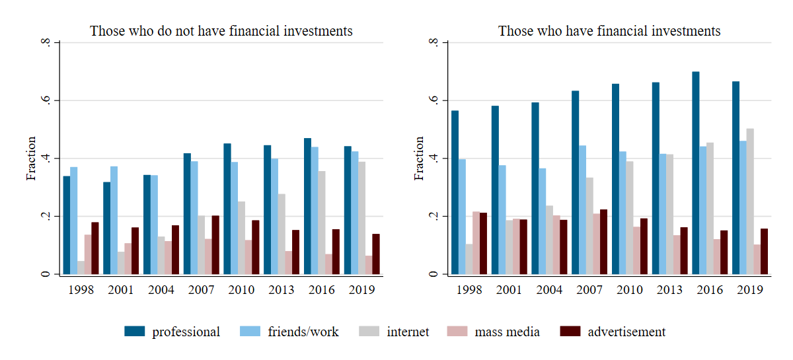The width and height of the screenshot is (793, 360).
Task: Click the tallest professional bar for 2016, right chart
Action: tap(696, 173)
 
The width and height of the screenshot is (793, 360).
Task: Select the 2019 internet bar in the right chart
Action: tap(750, 201)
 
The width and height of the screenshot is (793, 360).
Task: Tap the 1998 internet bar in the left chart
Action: tap(81, 268)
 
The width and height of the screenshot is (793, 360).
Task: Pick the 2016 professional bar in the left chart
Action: tap(307, 206)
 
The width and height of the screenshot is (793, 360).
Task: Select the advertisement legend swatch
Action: tap(570, 332)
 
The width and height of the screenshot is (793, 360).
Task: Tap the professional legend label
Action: tap(186, 332)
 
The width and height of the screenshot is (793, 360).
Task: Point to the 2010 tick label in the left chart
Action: tap(241, 290)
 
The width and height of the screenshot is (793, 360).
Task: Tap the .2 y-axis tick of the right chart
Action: tap(434, 217)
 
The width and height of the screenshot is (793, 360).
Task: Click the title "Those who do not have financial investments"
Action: tap(221, 31)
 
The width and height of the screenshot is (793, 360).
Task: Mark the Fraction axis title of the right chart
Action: tap(419, 159)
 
